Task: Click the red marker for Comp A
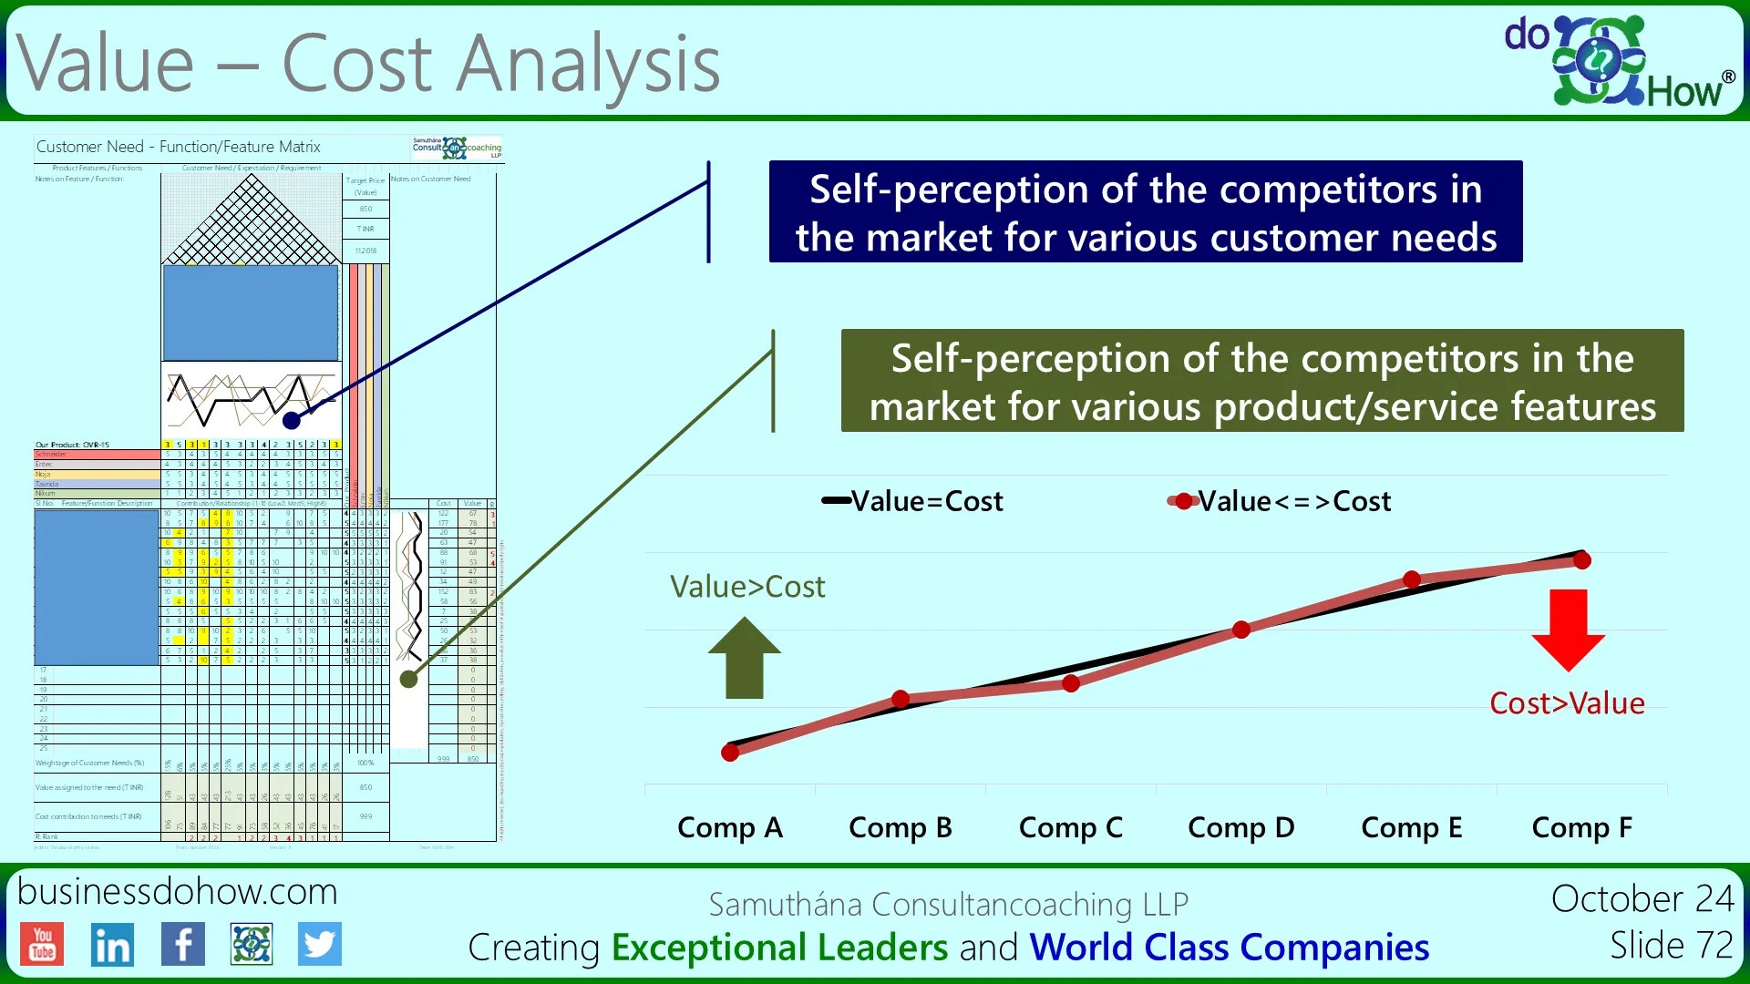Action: (730, 753)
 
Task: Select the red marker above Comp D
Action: (1241, 630)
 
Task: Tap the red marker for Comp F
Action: (1582, 560)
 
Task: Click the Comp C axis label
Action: (1070, 827)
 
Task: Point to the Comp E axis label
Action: (1411, 827)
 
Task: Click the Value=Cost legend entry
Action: (912, 501)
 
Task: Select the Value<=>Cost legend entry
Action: (1280, 501)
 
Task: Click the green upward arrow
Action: (745, 658)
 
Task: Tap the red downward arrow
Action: (1568, 630)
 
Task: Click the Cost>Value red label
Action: (1567, 703)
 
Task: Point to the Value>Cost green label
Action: (747, 587)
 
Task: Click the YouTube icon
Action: (43, 943)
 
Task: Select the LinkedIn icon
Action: (112, 945)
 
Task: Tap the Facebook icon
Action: (182, 944)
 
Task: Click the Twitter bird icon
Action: (319, 944)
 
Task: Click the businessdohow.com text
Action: (177, 891)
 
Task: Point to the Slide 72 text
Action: (1671, 945)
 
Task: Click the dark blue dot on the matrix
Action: (292, 420)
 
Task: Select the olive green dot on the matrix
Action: (409, 679)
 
